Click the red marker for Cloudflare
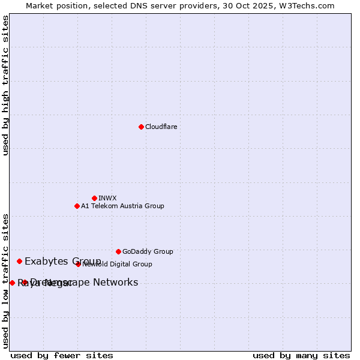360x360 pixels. coord(141,127)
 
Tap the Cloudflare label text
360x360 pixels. coord(161,127)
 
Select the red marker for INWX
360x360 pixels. coord(94,198)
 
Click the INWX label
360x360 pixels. coord(107,198)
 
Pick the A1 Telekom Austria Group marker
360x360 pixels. coord(77,206)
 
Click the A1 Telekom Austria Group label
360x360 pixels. coord(122,206)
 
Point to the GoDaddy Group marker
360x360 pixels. coord(118,251)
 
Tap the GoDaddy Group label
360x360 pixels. coord(148,251)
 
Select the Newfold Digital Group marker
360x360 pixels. coord(78,264)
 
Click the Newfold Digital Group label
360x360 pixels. coord(118,264)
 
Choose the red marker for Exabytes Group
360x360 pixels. coord(19,261)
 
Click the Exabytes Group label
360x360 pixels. coord(62,261)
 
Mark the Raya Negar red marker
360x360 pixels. coord(12,283)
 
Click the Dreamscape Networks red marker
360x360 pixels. coord(25,283)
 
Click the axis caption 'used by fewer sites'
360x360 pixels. coord(62,355)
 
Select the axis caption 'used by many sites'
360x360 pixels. coord(301,355)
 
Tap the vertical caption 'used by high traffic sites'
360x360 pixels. coord(5,85)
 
